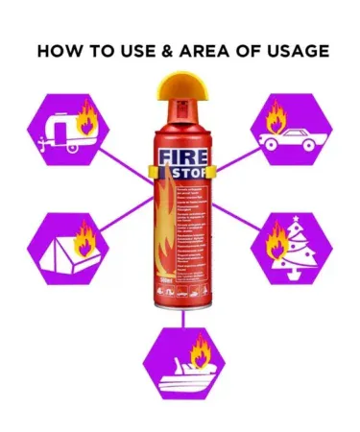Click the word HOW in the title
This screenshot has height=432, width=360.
coord(60,51)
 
